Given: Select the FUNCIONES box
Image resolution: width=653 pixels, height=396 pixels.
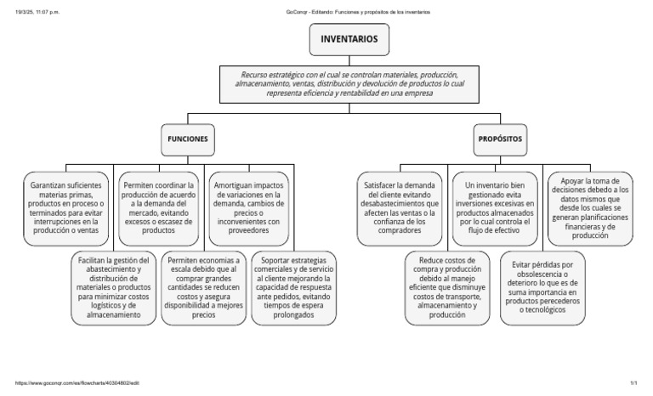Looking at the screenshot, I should tap(186, 138).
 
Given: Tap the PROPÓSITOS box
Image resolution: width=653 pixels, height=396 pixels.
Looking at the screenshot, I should tap(500, 138).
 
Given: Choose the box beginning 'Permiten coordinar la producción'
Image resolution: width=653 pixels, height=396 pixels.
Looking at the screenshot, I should tap(159, 206).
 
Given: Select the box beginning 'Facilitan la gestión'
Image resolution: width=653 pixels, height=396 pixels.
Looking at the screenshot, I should tap(112, 287).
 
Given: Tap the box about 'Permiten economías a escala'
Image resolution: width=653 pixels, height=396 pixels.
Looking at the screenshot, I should tap(204, 287).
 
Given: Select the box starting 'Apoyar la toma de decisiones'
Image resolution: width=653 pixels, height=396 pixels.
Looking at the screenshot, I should tap(590, 206).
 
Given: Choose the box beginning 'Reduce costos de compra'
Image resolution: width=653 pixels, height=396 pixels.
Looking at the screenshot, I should tap(447, 286).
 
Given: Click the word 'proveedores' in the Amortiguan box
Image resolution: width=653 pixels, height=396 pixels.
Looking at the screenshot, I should tap(252, 229).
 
